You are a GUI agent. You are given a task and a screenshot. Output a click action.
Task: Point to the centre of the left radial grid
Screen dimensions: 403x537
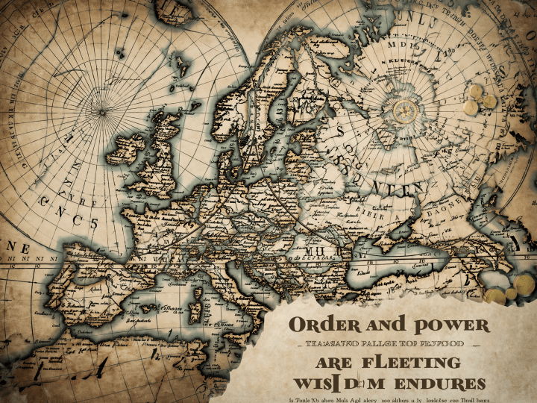[x=101, y=113]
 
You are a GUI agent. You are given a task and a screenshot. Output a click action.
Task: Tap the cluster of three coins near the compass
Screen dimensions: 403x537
[x=478, y=99]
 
